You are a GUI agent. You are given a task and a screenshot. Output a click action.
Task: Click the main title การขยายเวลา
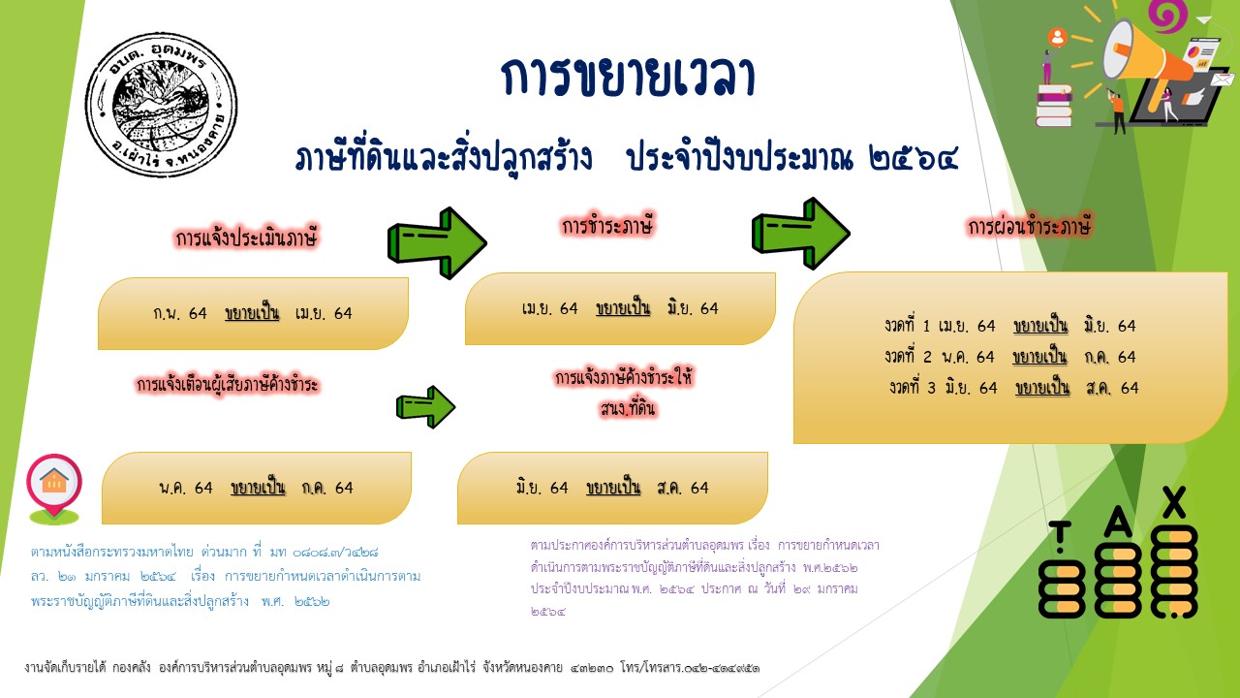628,78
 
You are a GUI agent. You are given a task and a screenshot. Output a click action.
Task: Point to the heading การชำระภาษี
608,226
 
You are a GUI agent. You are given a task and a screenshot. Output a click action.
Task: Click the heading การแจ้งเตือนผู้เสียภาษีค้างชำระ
228,385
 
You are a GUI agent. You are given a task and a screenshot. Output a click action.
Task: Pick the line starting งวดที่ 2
1009,357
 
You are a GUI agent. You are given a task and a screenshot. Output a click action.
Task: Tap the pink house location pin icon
54,485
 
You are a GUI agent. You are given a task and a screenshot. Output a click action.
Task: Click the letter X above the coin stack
1174,500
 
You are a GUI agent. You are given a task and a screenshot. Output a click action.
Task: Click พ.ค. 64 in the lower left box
186,488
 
